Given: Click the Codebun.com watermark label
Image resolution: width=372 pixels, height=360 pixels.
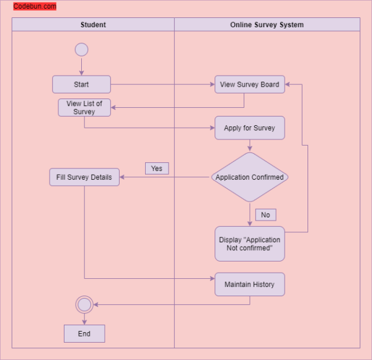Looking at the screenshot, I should pos(35,7).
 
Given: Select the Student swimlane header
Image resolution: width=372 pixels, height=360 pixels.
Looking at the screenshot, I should pos(93,25).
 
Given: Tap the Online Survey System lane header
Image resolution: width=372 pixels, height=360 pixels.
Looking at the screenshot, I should pos(267,25).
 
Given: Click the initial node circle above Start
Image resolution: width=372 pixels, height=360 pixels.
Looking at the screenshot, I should pos(81,50).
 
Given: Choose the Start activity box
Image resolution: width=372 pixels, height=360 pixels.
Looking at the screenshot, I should pos(81,84).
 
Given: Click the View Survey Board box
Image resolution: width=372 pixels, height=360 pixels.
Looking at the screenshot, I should pos(249,84).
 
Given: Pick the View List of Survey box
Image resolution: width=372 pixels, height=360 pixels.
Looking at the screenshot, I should pos(84,107).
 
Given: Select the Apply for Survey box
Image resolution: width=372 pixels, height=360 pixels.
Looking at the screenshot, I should pos(249,128).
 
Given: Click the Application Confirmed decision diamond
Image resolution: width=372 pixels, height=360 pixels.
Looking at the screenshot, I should pos(249,177).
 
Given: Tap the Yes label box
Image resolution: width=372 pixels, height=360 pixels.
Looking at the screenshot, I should pos(157,169).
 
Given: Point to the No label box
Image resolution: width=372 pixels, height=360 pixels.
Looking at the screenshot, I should pos(265,215).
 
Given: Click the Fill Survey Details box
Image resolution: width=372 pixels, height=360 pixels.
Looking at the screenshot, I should pos(84,177).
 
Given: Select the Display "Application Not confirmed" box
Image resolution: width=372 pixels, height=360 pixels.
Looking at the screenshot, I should pos(249,244).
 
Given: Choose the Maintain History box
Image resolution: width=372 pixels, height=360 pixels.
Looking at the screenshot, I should pos(249,284).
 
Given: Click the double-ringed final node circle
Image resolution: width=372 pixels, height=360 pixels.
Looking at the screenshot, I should pos(84,304).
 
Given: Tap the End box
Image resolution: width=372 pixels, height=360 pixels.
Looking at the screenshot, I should pos(84,333).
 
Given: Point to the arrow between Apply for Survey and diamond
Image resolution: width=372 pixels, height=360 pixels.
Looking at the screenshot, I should pos(249,146).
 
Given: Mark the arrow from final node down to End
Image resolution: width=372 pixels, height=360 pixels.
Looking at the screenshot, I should pos(84,318).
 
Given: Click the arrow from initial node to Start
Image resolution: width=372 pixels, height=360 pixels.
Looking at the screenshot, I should pos(81,66).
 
